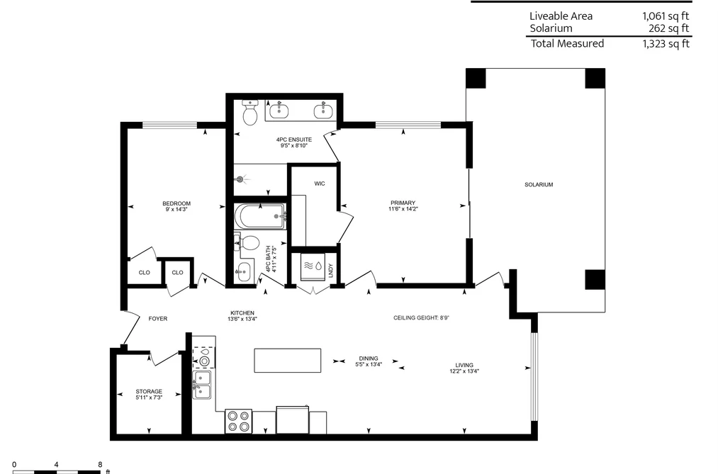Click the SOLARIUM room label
click(539, 184)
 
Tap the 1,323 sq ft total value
click(666, 43)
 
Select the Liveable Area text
click(561, 16)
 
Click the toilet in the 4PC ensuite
click(250, 113)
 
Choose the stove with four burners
click(239, 421)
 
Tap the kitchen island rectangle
click(288, 361)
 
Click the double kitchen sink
click(202, 384)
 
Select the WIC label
click(320, 184)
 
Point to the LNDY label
click(330, 271)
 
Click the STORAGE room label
click(149, 391)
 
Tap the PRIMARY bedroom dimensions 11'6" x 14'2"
click(403, 208)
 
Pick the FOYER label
click(158, 318)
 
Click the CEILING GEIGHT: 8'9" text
click(421, 317)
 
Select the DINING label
click(369, 359)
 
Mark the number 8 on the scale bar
click(100, 465)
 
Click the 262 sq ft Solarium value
click(668, 28)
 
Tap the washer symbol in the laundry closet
click(313, 266)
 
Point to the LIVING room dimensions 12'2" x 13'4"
click(464, 371)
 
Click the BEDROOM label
click(176, 203)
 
